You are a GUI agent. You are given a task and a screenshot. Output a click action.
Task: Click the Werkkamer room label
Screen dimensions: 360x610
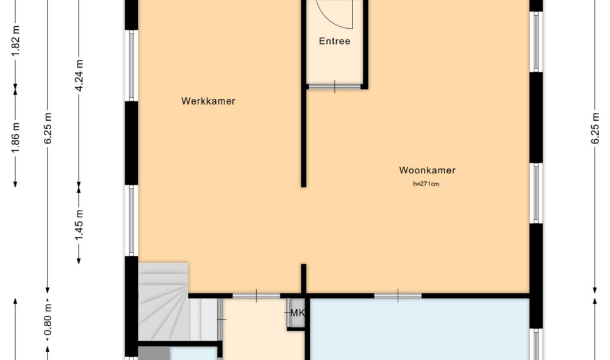point(208,101)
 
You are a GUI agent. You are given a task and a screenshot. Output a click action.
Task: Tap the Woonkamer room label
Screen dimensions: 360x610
point(427,170)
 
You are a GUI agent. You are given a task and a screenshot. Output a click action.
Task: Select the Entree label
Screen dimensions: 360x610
point(335,41)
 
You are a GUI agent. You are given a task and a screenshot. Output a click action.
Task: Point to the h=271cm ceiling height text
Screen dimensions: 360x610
point(426,184)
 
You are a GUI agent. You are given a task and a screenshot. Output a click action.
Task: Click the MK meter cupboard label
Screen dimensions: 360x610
point(297,314)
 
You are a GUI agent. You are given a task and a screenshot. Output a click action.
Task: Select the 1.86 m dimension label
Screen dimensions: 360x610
point(16,135)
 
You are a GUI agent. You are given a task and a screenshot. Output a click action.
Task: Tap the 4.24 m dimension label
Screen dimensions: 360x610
point(78,74)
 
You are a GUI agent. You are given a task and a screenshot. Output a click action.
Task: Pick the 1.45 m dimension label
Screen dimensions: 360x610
point(78,225)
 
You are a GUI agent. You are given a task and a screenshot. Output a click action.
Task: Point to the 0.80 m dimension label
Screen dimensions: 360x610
point(48,321)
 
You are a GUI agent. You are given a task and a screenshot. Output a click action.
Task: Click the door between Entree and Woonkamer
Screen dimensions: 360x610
point(334,87)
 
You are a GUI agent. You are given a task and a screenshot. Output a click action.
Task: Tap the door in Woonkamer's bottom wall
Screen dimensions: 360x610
point(398,296)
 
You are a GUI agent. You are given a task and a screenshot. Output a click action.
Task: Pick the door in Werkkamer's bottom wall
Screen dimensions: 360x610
point(256,296)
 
